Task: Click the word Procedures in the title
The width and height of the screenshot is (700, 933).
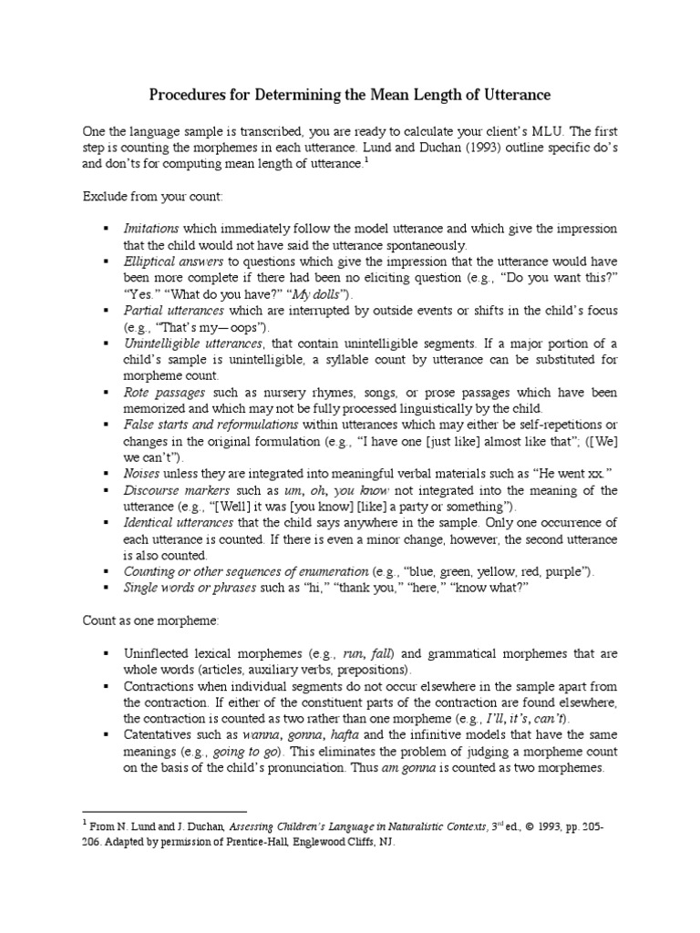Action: pos(190,95)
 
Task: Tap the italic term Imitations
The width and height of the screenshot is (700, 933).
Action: pos(151,228)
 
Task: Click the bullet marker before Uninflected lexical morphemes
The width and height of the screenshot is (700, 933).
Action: pos(107,652)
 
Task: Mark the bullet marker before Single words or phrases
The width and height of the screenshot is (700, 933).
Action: pos(107,587)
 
